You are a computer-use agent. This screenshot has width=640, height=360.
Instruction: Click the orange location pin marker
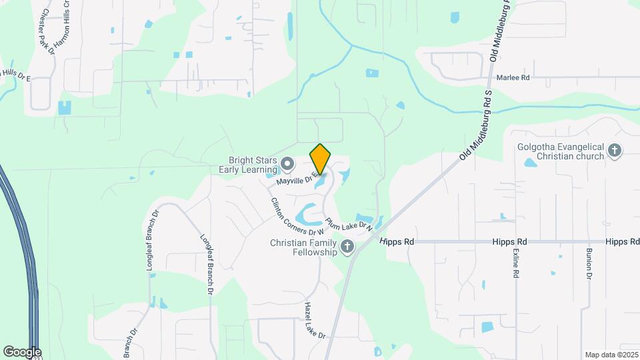[x=321, y=159]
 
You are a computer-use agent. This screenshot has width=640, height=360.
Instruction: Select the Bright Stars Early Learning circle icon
[x=287, y=163]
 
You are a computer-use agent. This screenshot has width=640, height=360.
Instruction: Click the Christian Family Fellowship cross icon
[x=347, y=247]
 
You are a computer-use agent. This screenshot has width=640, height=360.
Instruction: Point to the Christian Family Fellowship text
[x=303, y=247]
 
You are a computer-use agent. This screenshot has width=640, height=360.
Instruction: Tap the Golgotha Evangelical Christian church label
[x=560, y=151]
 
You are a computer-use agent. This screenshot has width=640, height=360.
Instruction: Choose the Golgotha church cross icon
[x=614, y=151]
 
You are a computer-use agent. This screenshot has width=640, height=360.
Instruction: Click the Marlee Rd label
[x=513, y=77]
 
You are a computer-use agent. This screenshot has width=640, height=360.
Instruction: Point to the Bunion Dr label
[x=589, y=264]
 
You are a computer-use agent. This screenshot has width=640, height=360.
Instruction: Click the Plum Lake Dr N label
[x=348, y=224]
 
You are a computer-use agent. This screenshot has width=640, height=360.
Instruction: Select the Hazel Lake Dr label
[x=314, y=321]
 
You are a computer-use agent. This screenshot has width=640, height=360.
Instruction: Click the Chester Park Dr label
[x=47, y=31]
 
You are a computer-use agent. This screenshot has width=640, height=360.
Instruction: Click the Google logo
[x=22, y=351]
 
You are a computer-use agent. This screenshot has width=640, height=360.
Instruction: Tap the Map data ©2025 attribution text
[x=611, y=355]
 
